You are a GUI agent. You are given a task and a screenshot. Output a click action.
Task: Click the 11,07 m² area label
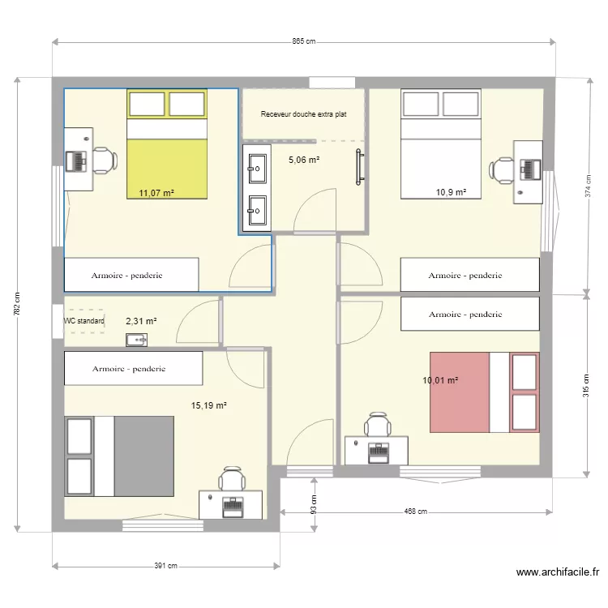[x=156, y=193]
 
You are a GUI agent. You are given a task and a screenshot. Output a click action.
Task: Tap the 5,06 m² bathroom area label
[x=304, y=160]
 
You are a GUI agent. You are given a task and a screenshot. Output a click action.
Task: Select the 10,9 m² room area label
[x=452, y=192]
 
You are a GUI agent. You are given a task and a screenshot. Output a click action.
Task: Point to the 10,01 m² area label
[x=440, y=380]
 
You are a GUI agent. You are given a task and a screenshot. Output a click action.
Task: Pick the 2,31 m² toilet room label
[x=141, y=321]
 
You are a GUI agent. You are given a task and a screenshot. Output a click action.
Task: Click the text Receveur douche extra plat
[x=303, y=115]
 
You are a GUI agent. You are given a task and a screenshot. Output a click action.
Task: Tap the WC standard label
[x=84, y=321]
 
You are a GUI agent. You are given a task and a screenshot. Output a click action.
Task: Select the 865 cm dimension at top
[x=303, y=42]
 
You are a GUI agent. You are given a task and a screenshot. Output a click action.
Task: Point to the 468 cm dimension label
[x=417, y=512]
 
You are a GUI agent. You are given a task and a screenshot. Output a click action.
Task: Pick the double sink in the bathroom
[x=257, y=189]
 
